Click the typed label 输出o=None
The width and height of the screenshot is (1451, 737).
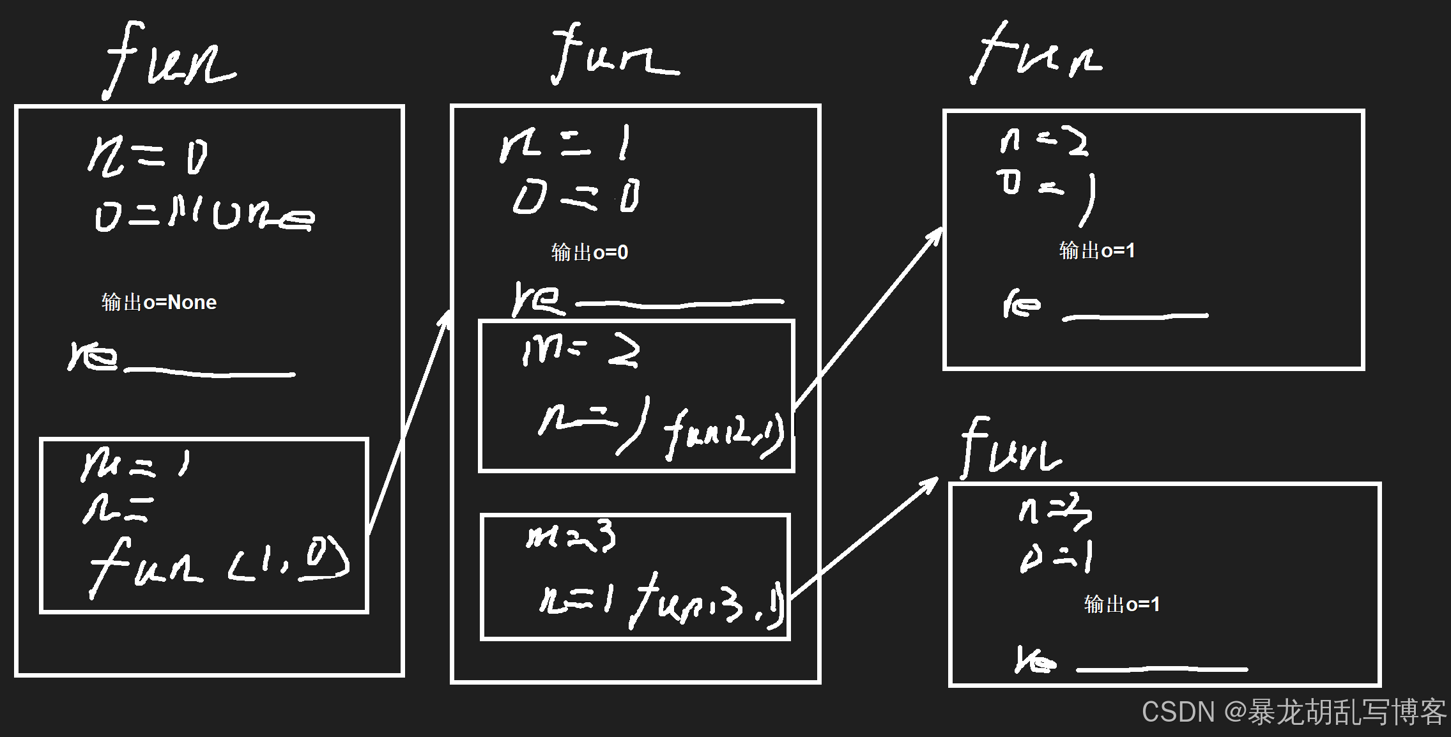[x=159, y=302]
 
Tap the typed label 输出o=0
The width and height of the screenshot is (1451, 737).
[x=590, y=252]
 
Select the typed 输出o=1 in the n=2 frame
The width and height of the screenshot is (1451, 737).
[x=1097, y=250]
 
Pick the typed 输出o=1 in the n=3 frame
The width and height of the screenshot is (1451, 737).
[x=1122, y=604]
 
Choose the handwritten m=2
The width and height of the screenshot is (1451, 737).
[x=580, y=351]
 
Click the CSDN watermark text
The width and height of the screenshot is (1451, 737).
[x=1294, y=711]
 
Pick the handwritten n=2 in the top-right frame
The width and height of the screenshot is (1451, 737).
[x=1043, y=141]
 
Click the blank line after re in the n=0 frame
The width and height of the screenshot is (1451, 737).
[x=210, y=372]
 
